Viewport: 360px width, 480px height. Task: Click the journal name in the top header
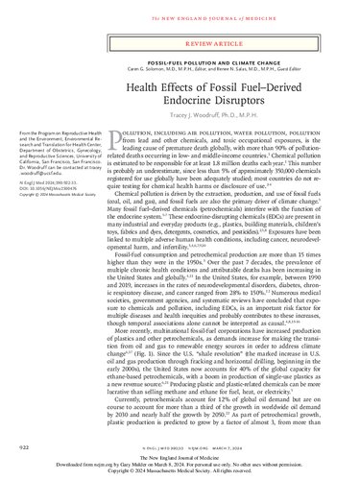180,8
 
